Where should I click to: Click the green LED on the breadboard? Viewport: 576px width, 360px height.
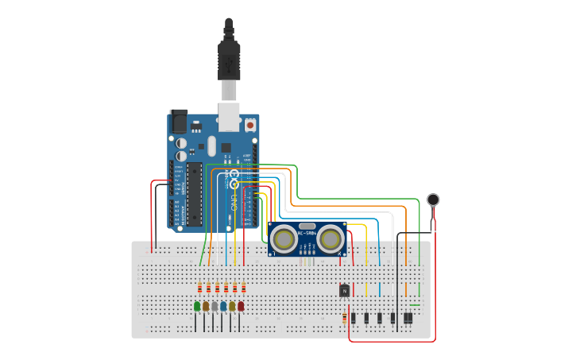pyautogui.click(x=197, y=306)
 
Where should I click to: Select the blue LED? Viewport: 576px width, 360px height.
pyautogui.click(x=223, y=306)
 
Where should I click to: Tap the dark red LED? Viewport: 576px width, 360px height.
pyautogui.click(x=241, y=306)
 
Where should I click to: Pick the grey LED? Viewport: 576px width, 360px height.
pyautogui.click(x=215, y=306)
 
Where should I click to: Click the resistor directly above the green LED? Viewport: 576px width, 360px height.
pyautogui.click(x=199, y=288)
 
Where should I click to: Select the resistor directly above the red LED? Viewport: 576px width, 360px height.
pyautogui.click(x=243, y=288)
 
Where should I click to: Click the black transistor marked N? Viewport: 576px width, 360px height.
pyautogui.click(x=344, y=290)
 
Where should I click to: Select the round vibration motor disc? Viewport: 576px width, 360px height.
pyautogui.click(x=433, y=199)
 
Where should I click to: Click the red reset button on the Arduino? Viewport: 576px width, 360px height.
pyautogui.click(x=250, y=125)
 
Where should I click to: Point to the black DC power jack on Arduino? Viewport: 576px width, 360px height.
pyautogui.click(x=179, y=121)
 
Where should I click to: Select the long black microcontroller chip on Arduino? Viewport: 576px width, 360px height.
pyautogui.click(x=194, y=194)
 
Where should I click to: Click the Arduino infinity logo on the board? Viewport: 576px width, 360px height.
pyautogui.click(x=234, y=176)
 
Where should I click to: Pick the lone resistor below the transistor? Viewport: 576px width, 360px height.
pyautogui.click(x=344, y=318)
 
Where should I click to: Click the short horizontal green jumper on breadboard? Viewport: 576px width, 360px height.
pyautogui.click(x=414, y=305)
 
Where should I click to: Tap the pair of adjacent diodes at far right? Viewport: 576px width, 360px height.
pyautogui.click(x=408, y=318)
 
